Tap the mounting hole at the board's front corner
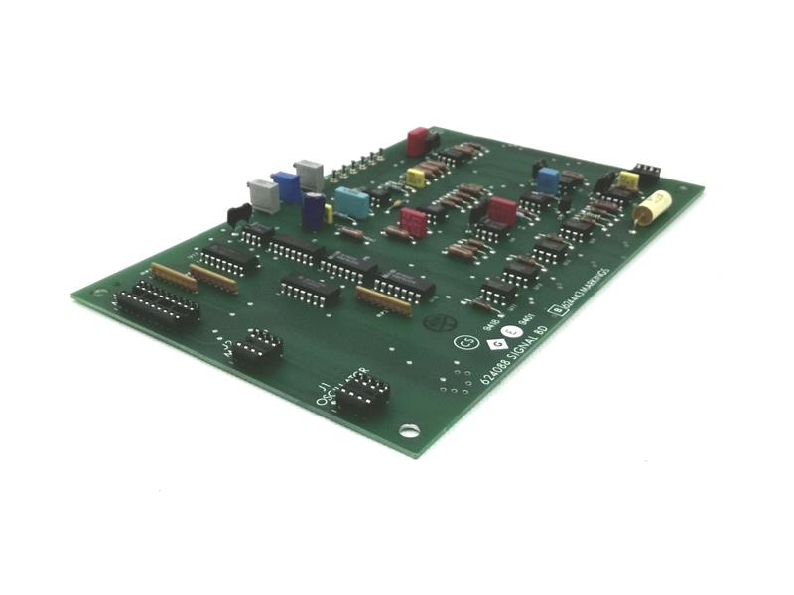[x=406, y=430]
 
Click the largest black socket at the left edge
[x=158, y=303]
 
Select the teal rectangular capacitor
[x=351, y=201]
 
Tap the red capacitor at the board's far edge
[x=418, y=142]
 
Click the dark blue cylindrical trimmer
[x=314, y=210]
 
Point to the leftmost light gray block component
[x=263, y=194]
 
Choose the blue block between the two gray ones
[x=286, y=185]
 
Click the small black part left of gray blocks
[x=239, y=211]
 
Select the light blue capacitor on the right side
[x=548, y=180]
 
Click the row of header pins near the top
[x=363, y=164]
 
